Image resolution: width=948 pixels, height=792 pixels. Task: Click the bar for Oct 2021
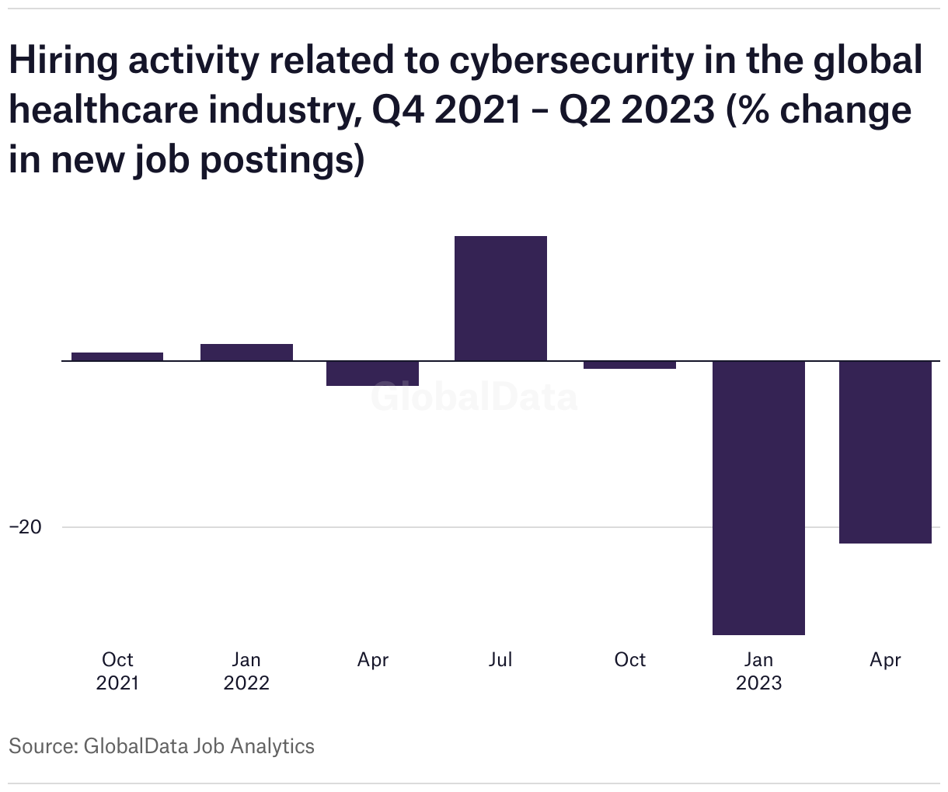(117, 356)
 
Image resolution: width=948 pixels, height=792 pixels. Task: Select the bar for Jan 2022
(246, 353)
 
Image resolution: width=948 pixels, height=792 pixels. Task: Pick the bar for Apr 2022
(372, 373)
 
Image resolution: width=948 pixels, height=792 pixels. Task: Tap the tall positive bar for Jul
(500, 298)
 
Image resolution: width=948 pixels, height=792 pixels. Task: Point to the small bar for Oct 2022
(629, 365)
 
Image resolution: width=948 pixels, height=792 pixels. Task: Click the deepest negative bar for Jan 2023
(758, 498)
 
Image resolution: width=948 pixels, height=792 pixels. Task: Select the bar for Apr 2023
(885, 452)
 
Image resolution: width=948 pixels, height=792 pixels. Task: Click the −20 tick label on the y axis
(25, 527)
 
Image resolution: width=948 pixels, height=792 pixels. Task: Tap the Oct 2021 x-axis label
(117, 671)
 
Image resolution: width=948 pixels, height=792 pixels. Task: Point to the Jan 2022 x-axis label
(246, 671)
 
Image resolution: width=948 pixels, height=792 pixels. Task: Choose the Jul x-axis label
(500, 660)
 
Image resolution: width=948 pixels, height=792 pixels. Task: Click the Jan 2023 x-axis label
(758, 671)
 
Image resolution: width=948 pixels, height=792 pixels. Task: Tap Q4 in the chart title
(398, 110)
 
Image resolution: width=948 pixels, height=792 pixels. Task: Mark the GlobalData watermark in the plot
(474, 397)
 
